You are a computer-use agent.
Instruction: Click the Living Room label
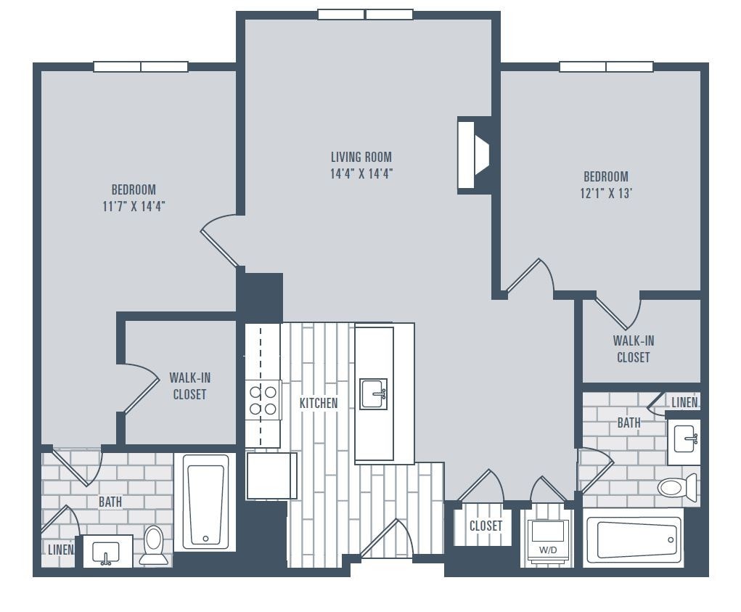361,157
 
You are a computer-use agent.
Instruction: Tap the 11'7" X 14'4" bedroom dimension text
134,205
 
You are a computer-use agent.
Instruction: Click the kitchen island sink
374,394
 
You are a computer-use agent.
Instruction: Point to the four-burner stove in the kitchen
263,400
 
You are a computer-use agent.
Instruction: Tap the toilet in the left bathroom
153,544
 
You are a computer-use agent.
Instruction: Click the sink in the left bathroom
107,551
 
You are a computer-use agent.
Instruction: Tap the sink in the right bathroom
684,440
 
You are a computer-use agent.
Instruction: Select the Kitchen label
319,403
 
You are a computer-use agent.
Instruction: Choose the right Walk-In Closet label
633,348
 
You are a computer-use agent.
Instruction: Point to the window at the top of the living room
365,15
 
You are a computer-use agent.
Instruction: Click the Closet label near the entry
486,526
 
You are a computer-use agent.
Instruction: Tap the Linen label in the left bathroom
60,550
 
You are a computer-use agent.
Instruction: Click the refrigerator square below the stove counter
271,476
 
